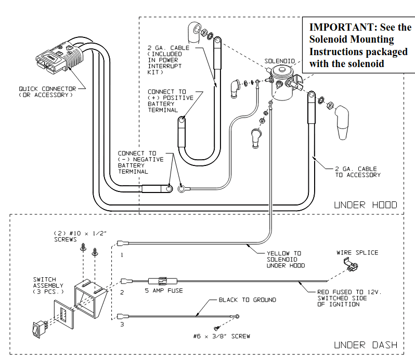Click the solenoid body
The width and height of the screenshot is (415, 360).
coord(282,83)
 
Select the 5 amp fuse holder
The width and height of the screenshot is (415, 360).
coord(162,281)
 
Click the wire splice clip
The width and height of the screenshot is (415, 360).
coord(351,264)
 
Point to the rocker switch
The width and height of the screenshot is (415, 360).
coord(39,329)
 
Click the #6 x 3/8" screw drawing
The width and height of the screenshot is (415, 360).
coord(216,328)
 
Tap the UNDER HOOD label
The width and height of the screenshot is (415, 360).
coord(366,205)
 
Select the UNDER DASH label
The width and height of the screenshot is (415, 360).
coord(366,345)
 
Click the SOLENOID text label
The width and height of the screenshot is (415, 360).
coord(279,61)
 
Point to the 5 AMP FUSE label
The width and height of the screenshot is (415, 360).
coord(164,290)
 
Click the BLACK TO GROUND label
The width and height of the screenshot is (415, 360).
coord(248,300)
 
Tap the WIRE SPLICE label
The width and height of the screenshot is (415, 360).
coord(357,252)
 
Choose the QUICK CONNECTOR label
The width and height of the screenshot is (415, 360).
coord(47,88)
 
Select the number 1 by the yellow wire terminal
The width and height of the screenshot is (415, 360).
coord(122,255)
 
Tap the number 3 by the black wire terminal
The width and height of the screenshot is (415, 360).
coord(122,324)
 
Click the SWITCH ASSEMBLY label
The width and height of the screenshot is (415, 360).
coord(48,286)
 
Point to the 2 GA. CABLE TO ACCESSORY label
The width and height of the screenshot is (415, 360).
coord(358,172)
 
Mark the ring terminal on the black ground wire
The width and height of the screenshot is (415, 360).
coord(237,316)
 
